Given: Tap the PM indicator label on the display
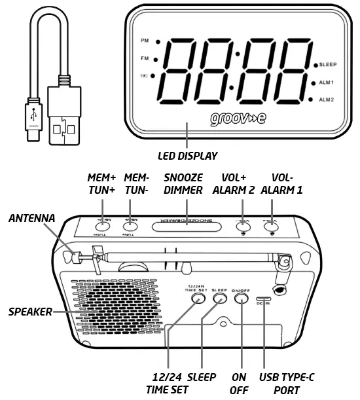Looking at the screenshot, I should tap(145, 41).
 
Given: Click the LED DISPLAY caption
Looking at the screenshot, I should tap(188, 156).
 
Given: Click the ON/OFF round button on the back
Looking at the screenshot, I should tap(242, 299).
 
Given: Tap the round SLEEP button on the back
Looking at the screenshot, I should tap(219, 299).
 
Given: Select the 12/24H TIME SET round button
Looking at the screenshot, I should tap(196, 299).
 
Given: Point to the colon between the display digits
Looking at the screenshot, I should tap(232, 72).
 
